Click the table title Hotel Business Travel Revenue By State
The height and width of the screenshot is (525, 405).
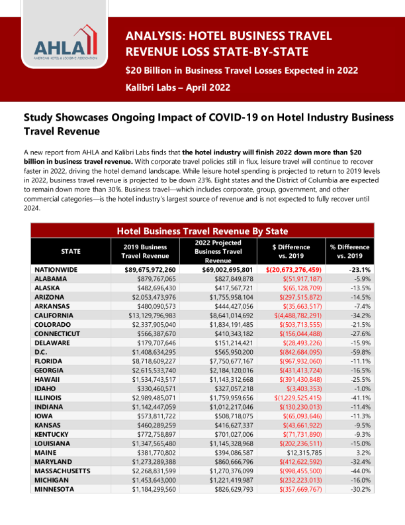[202, 231]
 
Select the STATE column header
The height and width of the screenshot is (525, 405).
[71, 251]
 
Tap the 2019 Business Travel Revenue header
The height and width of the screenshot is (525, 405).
[150, 251]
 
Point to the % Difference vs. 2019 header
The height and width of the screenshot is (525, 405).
[349, 251]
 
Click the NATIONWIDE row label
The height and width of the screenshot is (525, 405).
[56, 270]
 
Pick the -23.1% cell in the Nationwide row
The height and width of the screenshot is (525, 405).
[357, 270]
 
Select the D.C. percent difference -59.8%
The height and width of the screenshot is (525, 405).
[358, 353]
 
